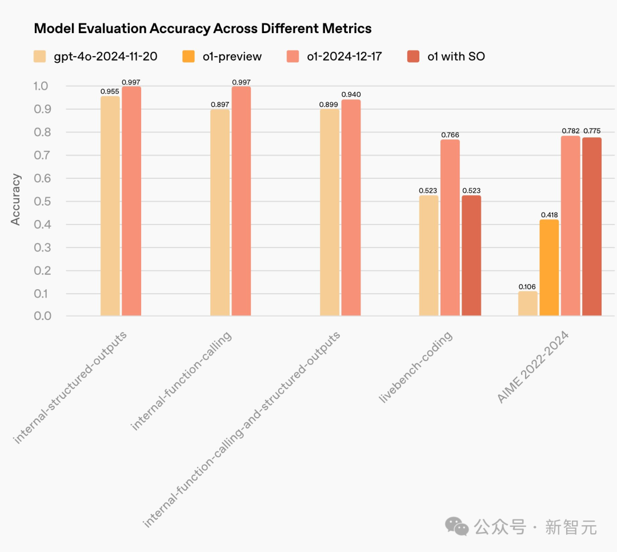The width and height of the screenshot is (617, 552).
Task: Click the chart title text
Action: (x=203, y=29)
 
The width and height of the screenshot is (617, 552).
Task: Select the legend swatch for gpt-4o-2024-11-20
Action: (x=40, y=56)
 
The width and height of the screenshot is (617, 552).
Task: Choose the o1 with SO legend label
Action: (x=456, y=56)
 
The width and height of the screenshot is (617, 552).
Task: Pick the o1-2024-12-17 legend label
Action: (x=344, y=56)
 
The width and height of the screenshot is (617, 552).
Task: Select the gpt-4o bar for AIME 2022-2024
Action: (x=528, y=303)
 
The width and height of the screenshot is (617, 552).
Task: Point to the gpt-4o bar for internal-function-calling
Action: (x=220, y=212)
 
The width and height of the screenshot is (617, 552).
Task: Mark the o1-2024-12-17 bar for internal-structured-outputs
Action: (x=131, y=201)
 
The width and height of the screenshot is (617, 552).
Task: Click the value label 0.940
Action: (x=351, y=94)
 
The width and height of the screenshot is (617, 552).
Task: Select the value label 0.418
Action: (x=549, y=215)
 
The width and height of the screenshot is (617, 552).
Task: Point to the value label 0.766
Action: (x=450, y=135)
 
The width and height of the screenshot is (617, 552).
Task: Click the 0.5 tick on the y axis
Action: (x=42, y=202)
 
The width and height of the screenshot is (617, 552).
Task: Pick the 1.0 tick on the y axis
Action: (x=42, y=86)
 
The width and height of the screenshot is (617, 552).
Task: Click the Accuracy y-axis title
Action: (x=16, y=199)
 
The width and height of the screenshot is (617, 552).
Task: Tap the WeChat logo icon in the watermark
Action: (x=457, y=526)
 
